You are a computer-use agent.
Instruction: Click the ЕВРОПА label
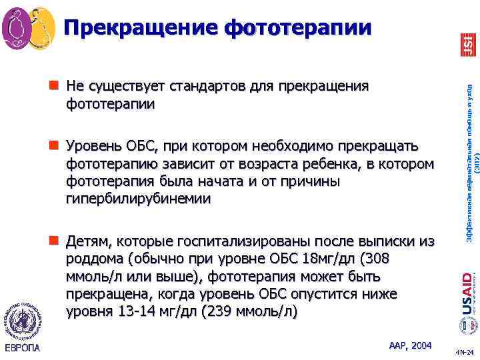24,347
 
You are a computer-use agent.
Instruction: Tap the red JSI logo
468,45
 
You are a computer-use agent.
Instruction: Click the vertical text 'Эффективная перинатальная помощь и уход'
468,167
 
